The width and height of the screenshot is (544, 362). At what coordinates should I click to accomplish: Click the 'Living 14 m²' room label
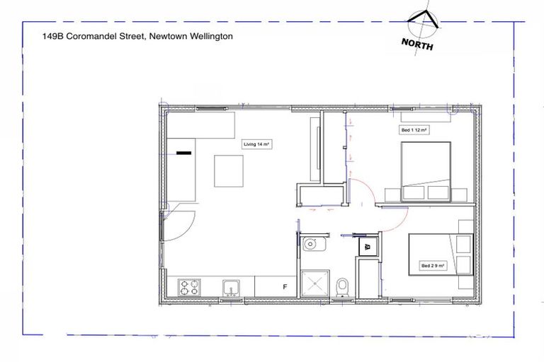[x=257, y=144]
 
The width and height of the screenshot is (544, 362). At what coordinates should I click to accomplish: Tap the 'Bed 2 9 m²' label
[x=433, y=266]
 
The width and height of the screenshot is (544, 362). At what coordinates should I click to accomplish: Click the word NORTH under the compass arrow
[x=418, y=43]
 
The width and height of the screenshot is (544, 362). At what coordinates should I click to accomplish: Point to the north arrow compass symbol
[x=426, y=21]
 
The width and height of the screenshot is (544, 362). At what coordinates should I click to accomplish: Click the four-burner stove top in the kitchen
[x=189, y=287]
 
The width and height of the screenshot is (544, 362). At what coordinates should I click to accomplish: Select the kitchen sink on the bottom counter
[x=230, y=287]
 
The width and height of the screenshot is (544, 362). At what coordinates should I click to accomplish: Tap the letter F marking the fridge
[x=285, y=287]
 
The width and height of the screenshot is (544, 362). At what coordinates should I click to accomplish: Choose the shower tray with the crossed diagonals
[x=313, y=284]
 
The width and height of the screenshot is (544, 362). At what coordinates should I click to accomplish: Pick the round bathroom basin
[x=311, y=245]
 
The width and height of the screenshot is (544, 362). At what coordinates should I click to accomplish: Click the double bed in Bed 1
[x=426, y=172]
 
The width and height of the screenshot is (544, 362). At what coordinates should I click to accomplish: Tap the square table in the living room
[x=229, y=171]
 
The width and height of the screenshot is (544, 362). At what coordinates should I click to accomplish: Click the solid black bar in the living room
[x=183, y=152]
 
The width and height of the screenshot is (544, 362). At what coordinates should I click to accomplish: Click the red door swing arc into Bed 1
[x=363, y=189]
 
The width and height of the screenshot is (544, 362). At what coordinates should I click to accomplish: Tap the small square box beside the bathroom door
[x=368, y=246]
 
